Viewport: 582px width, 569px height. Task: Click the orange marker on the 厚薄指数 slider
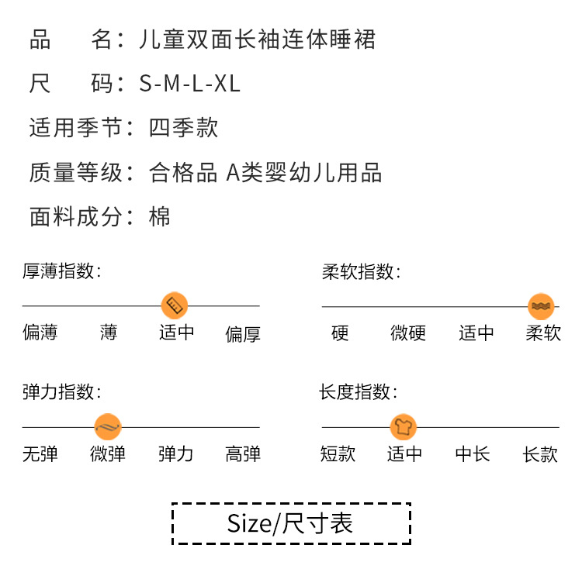click(174, 305)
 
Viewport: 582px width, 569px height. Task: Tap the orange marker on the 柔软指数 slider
click(541, 306)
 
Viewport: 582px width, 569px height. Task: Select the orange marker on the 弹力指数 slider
click(108, 426)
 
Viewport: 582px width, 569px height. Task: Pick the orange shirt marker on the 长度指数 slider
click(404, 426)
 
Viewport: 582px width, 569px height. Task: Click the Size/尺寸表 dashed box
click(290, 523)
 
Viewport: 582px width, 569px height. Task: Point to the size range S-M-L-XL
click(190, 84)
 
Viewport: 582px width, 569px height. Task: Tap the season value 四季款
click(184, 128)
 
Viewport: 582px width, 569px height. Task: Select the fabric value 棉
click(159, 216)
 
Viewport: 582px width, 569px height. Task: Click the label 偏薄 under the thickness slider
click(40, 333)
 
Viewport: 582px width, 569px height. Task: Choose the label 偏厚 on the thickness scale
click(243, 334)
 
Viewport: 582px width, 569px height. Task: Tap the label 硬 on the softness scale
click(340, 333)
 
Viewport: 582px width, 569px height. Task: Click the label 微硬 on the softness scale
click(408, 333)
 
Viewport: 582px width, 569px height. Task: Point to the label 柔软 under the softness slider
click(543, 333)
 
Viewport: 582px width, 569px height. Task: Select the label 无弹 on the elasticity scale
click(40, 453)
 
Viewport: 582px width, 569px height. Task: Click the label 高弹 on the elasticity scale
click(243, 453)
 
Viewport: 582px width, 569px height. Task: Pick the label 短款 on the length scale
click(338, 453)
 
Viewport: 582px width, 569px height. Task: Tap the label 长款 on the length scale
click(541, 453)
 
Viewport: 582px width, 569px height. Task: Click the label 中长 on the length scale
click(473, 453)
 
